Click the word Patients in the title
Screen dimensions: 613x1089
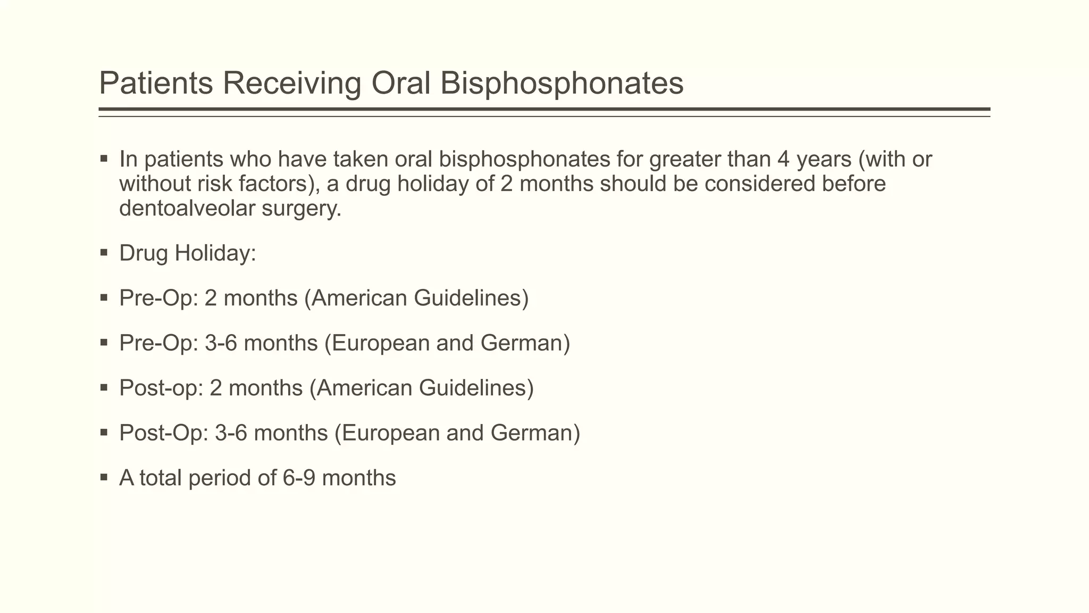156,84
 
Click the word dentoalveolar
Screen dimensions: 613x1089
187,209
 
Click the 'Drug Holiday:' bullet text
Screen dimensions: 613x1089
188,253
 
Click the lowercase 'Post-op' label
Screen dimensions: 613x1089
161,388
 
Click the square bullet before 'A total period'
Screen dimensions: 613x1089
104,477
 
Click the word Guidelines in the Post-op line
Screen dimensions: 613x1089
476,388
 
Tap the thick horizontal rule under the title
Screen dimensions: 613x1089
544,110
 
